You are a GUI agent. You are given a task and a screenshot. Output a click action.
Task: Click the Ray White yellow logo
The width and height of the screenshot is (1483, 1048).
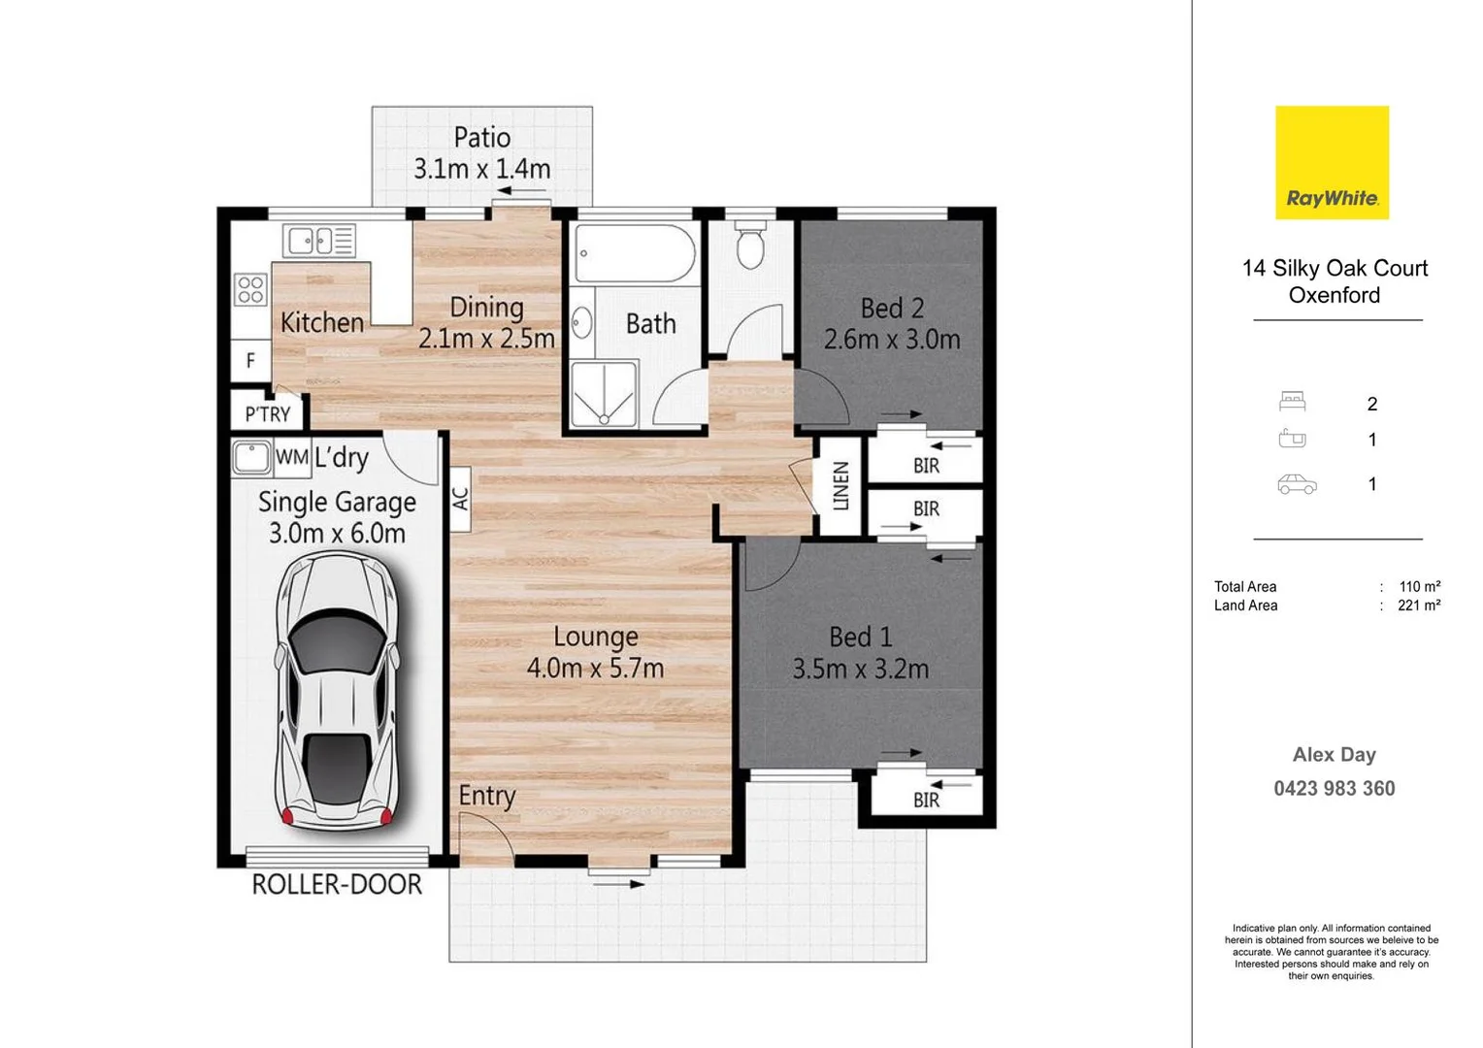click(x=1332, y=162)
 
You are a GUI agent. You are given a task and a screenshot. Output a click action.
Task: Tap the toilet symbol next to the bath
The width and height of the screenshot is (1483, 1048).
click(x=750, y=245)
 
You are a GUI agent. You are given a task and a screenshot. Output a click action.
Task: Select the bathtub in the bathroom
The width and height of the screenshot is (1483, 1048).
click(x=634, y=253)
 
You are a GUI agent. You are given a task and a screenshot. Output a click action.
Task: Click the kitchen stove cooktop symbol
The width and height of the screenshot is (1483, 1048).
click(x=250, y=290)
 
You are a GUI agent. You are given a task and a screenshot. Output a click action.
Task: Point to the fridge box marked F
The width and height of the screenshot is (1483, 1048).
click(x=250, y=360)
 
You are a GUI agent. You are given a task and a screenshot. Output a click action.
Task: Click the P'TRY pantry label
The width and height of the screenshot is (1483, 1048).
click(x=268, y=414)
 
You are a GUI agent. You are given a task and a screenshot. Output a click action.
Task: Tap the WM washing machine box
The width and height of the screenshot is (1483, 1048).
click(x=292, y=457)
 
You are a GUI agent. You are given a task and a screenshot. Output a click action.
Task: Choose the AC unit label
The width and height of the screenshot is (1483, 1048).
click(x=461, y=499)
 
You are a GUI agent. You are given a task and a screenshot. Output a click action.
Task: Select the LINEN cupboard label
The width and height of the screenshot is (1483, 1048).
click(x=840, y=486)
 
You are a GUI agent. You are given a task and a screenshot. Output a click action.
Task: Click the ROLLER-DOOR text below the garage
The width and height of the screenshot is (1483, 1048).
click(x=337, y=884)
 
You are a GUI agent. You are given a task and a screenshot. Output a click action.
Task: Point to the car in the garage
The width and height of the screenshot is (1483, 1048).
click(x=337, y=691)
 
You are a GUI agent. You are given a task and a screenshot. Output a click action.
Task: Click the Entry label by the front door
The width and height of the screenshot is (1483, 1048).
click(x=487, y=796)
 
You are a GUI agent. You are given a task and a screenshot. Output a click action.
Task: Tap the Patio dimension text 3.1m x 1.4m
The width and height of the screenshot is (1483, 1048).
click(x=482, y=169)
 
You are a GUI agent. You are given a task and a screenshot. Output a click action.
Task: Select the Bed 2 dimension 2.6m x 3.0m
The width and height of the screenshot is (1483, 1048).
click(x=892, y=340)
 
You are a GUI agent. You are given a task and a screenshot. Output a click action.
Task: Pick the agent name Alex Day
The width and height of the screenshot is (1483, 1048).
click(x=1335, y=755)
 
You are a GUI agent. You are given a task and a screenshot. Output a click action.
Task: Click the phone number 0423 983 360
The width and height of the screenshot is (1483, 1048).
click(x=1335, y=789)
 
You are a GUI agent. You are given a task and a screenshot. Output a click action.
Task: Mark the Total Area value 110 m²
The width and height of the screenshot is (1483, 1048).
click(x=1420, y=586)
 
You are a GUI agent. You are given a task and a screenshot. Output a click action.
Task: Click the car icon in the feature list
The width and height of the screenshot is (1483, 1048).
click(x=1297, y=484)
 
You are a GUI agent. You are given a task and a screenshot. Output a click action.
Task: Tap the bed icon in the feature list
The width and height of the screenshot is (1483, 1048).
click(x=1293, y=401)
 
